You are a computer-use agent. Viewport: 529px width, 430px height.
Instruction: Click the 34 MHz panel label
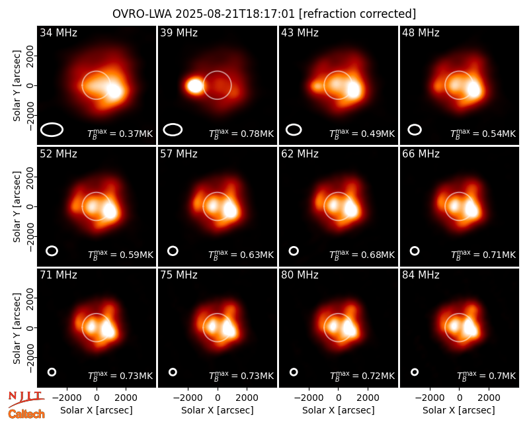click(58, 32)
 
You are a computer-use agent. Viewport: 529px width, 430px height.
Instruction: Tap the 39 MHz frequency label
click(179, 32)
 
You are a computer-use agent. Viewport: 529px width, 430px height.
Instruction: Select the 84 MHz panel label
click(421, 275)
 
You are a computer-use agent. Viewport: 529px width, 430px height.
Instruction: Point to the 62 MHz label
click(300, 154)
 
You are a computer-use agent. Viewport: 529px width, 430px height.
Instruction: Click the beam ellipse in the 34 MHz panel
click(52, 130)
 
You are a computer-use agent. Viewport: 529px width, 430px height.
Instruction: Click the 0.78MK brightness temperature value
click(257, 134)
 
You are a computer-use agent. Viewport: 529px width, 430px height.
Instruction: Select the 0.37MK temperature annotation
click(136, 134)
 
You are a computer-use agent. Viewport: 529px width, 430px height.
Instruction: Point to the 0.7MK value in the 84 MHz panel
click(502, 376)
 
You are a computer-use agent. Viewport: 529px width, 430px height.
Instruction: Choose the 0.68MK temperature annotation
click(378, 255)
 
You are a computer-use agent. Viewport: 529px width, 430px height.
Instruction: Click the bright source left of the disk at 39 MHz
click(194, 86)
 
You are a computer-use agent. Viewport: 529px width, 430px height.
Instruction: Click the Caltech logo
click(26, 414)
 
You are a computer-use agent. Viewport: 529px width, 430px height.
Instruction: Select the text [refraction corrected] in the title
click(358, 14)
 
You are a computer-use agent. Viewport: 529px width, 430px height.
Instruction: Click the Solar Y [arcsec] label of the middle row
click(17, 207)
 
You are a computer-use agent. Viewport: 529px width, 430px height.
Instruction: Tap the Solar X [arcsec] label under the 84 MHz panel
click(459, 410)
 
